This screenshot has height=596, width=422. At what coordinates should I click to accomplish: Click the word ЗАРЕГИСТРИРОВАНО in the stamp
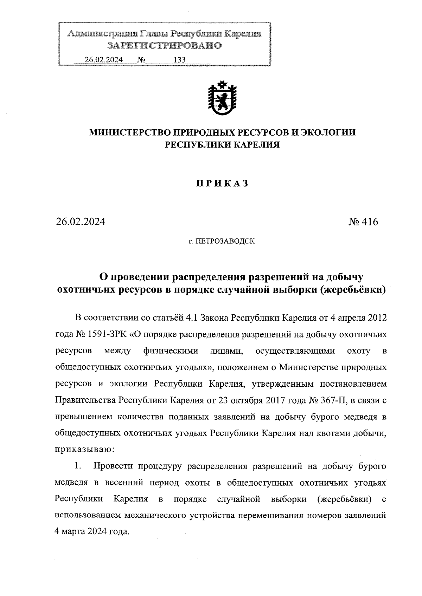click(164, 46)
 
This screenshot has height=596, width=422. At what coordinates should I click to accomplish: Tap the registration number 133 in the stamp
click(179, 60)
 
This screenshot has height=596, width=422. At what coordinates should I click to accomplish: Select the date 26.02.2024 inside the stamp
click(103, 60)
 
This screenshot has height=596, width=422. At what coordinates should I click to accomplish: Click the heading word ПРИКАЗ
click(222, 183)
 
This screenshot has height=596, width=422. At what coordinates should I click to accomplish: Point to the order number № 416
click(363, 222)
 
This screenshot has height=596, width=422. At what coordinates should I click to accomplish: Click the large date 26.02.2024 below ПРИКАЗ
click(81, 222)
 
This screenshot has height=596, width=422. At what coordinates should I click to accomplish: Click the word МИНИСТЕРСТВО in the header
click(128, 132)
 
